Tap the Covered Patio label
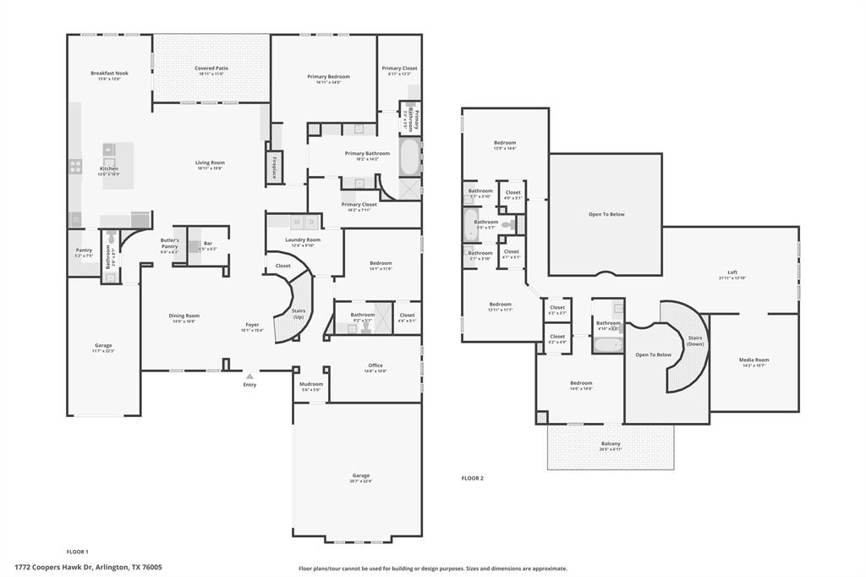point(211,69)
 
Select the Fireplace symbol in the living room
point(275,167)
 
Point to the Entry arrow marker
point(249,376)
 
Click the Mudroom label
point(310,384)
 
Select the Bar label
point(207,244)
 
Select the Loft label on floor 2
point(732,272)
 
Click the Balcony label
point(610,444)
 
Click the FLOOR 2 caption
point(472,478)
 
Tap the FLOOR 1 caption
point(77,551)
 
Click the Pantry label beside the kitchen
point(84,250)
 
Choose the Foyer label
point(253,324)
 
